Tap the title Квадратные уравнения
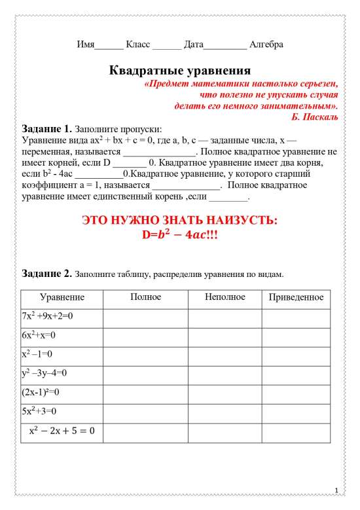[x=180, y=71]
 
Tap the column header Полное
[x=145, y=297]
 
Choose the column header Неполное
[x=225, y=297]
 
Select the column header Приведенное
[x=296, y=297]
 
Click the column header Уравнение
[x=62, y=297]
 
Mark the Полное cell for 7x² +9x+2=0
[x=145, y=316]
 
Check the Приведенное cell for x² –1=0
[x=296, y=354]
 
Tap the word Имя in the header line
[x=86, y=45]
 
